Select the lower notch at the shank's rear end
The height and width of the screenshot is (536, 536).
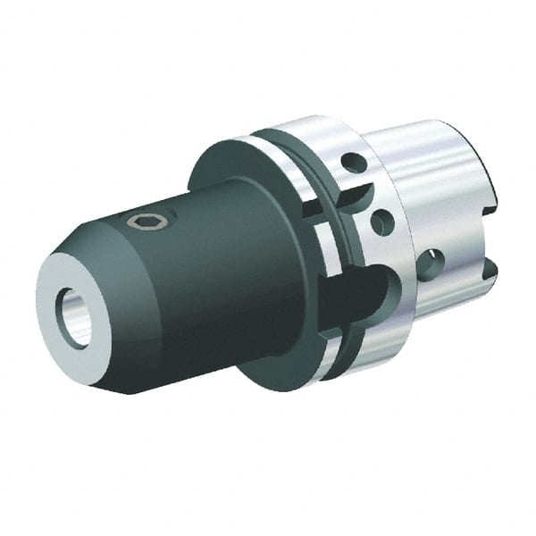[489, 266]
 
